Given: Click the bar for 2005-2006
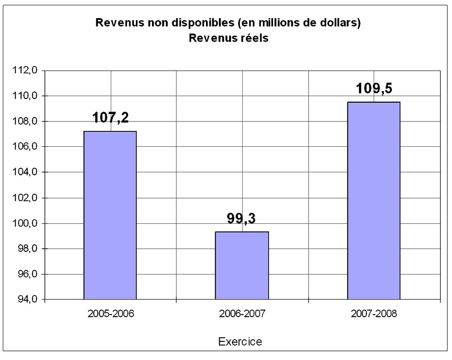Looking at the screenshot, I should pyautogui.click(x=110, y=215).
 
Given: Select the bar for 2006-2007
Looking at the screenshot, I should pyautogui.click(x=242, y=265).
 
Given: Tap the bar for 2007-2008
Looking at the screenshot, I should pyautogui.click(x=374, y=200).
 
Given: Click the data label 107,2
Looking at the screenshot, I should pyautogui.click(x=110, y=118).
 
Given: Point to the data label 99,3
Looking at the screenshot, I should pyautogui.click(x=241, y=219).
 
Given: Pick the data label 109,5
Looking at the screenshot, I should pyautogui.click(x=374, y=89).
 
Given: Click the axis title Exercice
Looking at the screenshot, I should pyautogui.click(x=240, y=341).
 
